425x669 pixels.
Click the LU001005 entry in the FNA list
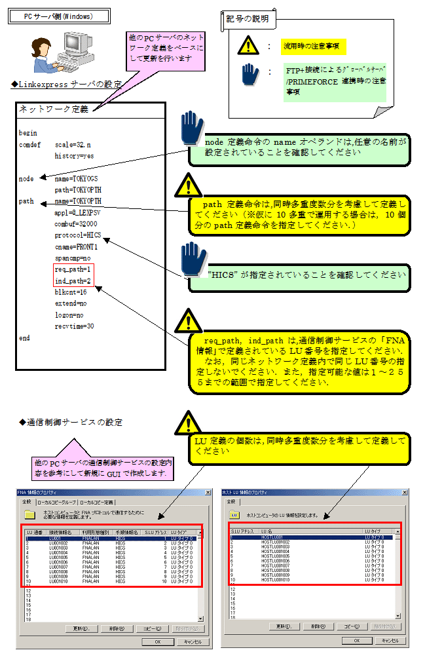click(58, 558)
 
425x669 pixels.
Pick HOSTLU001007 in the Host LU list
click(275, 565)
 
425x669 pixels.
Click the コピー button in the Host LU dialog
click(352, 627)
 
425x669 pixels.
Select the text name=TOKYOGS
click(78, 178)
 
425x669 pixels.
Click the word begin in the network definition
click(28, 133)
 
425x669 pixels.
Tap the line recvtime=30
click(74, 326)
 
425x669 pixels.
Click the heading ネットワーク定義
click(53, 109)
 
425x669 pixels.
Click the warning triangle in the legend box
click(249, 45)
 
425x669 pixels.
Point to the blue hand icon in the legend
click(249, 74)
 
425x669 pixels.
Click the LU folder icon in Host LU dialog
click(234, 515)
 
